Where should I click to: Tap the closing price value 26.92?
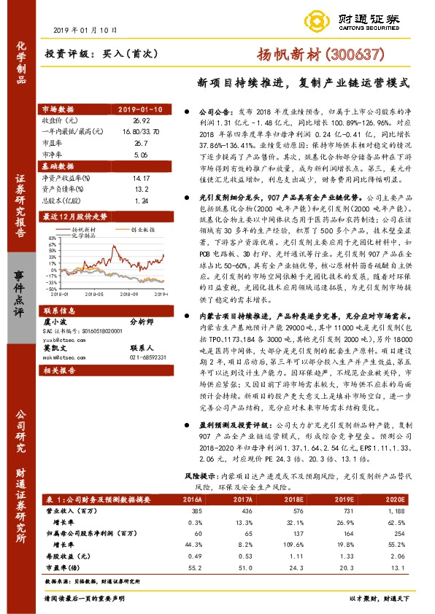click(141, 119)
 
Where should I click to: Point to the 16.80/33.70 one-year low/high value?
click(142, 130)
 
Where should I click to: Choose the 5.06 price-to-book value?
click(141, 155)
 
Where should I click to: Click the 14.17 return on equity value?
click(141, 177)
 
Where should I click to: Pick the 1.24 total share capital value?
click(141, 200)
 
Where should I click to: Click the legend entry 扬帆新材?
click(90, 228)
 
